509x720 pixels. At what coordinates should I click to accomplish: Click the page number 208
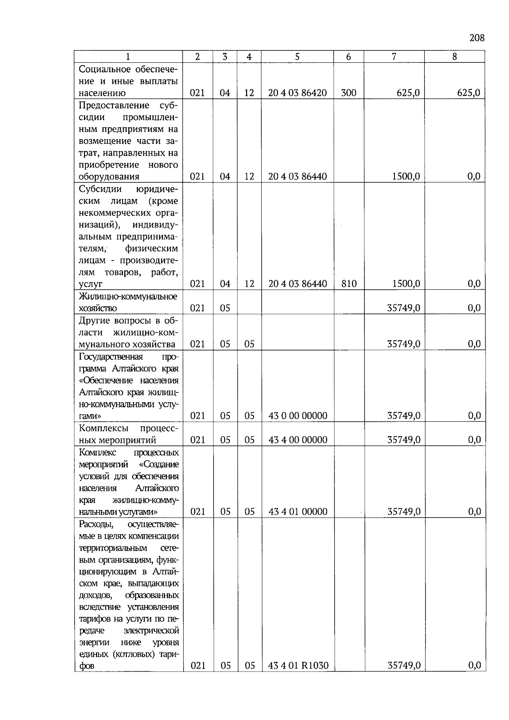[x=477, y=38]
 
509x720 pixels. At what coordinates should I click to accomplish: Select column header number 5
[x=297, y=57]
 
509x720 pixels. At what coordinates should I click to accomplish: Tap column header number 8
[x=454, y=57]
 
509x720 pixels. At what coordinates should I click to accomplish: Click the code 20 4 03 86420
[x=297, y=93]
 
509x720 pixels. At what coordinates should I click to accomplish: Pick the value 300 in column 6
[x=349, y=93]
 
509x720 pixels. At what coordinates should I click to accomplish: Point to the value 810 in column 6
[x=349, y=284]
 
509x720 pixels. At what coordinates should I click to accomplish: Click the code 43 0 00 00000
[x=298, y=416]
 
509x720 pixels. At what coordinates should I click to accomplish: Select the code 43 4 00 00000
[x=298, y=440]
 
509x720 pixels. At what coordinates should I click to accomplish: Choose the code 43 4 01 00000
[x=298, y=512]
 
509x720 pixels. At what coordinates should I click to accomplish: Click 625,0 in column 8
[x=469, y=93]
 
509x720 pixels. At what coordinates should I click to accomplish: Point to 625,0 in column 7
[x=408, y=93]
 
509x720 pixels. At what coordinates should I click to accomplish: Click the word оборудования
[x=109, y=176]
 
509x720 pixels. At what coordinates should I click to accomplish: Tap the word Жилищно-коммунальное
[x=128, y=296]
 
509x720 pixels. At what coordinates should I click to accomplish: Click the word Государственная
[x=111, y=356]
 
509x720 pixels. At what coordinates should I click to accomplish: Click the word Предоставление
[x=114, y=105]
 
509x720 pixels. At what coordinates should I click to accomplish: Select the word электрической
[x=154, y=630]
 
